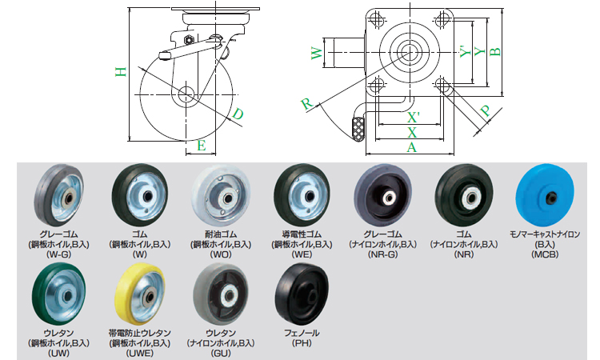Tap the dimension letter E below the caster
click(x=202, y=146)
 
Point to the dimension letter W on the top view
click(x=316, y=54)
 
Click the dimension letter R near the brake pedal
click(x=306, y=103)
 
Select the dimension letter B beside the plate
click(x=495, y=51)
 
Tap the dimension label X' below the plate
click(x=413, y=117)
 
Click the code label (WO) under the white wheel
click(x=220, y=254)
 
